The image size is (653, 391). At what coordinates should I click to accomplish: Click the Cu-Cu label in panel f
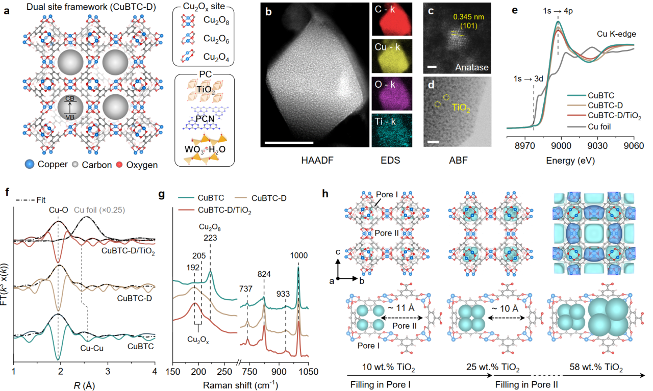coord(93,348)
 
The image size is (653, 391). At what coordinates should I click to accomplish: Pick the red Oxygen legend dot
coord(120,165)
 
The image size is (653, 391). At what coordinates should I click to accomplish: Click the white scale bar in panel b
coord(289,141)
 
